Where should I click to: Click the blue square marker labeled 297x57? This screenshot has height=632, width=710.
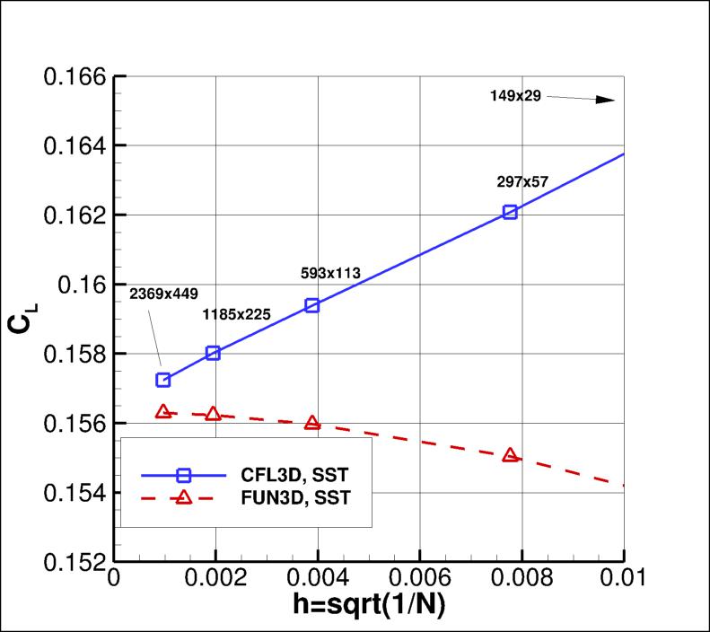click(x=510, y=212)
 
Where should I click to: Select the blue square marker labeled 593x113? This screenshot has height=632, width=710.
click(x=312, y=305)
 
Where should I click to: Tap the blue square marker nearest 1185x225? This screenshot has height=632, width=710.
click(x=213, y=353)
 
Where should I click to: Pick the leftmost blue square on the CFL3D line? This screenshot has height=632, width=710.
click(x=162, y=380)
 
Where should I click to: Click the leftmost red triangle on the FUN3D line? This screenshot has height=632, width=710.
click(x=162, y=412)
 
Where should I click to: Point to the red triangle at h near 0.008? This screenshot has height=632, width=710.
click(x=510, y=455)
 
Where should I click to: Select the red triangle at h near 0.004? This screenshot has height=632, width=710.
click(x=312, y=423)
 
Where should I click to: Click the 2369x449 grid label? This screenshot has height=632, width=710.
click(x=163, y=293)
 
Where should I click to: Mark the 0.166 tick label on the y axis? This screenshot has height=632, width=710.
click(x=75, y=75)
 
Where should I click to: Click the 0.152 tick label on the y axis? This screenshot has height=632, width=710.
click(x=75, y=562)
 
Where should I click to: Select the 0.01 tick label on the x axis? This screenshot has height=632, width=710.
click(x=622, y=583)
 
